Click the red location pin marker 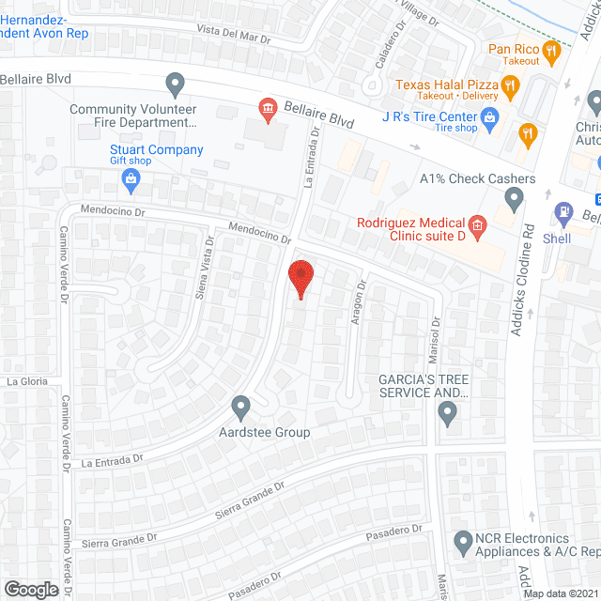click(x=300, y=279)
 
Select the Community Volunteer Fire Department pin click(x=175, y=85)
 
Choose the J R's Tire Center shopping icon click(x=488, y=116)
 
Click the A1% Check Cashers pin click(x=514, y=197)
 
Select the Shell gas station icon click(x=562, y=213)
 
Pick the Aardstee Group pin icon click(x=241, y=408)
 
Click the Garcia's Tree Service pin click(x=447, y=411)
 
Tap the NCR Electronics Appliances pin click(x=462, y=542)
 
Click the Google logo click(x=30, y=590)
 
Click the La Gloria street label click(x=26, y=382)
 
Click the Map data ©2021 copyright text click(x=561, y=593)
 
